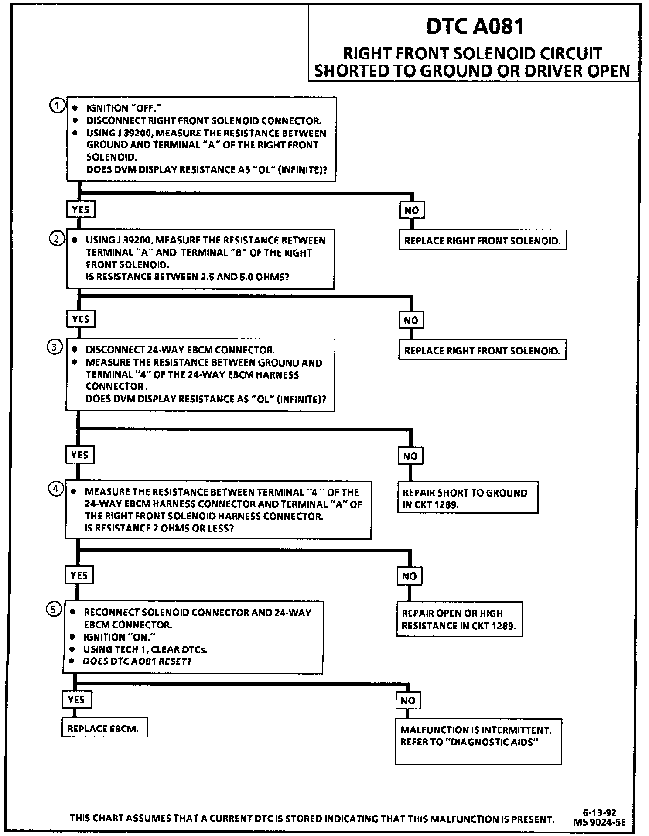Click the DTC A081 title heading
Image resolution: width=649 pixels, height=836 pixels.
(x=475, y=26)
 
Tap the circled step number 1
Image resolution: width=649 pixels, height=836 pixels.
(x=57, y=106)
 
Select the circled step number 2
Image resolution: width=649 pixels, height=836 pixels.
(x=57, y=239)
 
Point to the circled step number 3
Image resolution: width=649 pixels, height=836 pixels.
(x=55, y=348)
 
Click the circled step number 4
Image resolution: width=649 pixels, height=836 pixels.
(x=55, y=489)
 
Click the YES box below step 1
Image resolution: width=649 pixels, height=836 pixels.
(x=81, y=209)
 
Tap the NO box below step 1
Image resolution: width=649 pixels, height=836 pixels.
(x=412, y=210)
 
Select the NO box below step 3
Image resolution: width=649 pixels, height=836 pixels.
(x=410, y=456)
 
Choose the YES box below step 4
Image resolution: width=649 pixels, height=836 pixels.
(x=79, y=575)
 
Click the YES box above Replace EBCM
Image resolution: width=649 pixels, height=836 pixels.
(x=76, y=700)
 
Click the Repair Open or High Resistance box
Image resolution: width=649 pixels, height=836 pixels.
(x=459, y=619)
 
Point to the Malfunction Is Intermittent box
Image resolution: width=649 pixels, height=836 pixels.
(x=478, y=741)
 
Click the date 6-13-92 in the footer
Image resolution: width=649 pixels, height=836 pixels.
(x=600, y=812)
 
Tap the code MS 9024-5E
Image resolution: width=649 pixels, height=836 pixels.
(x=600, y=822)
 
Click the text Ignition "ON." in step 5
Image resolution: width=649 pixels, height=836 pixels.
(x=120, y=637)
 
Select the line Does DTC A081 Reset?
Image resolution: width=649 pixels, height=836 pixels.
(x=137, y=661)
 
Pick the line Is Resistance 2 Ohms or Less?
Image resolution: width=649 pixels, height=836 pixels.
(x=159, y=528)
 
